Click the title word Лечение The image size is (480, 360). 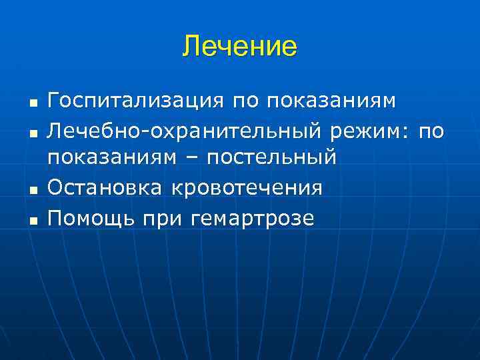[240, 47]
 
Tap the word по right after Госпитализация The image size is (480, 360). [247, 101]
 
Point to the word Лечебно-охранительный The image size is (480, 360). [188, 131]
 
